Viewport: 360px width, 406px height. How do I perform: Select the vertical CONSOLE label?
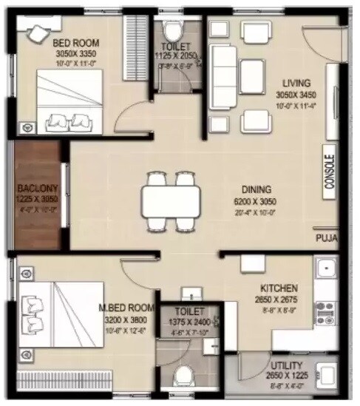click(329, 172)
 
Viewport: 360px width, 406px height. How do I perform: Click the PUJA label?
click(326, 238)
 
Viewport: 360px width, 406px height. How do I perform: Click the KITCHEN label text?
click(279, 288)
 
